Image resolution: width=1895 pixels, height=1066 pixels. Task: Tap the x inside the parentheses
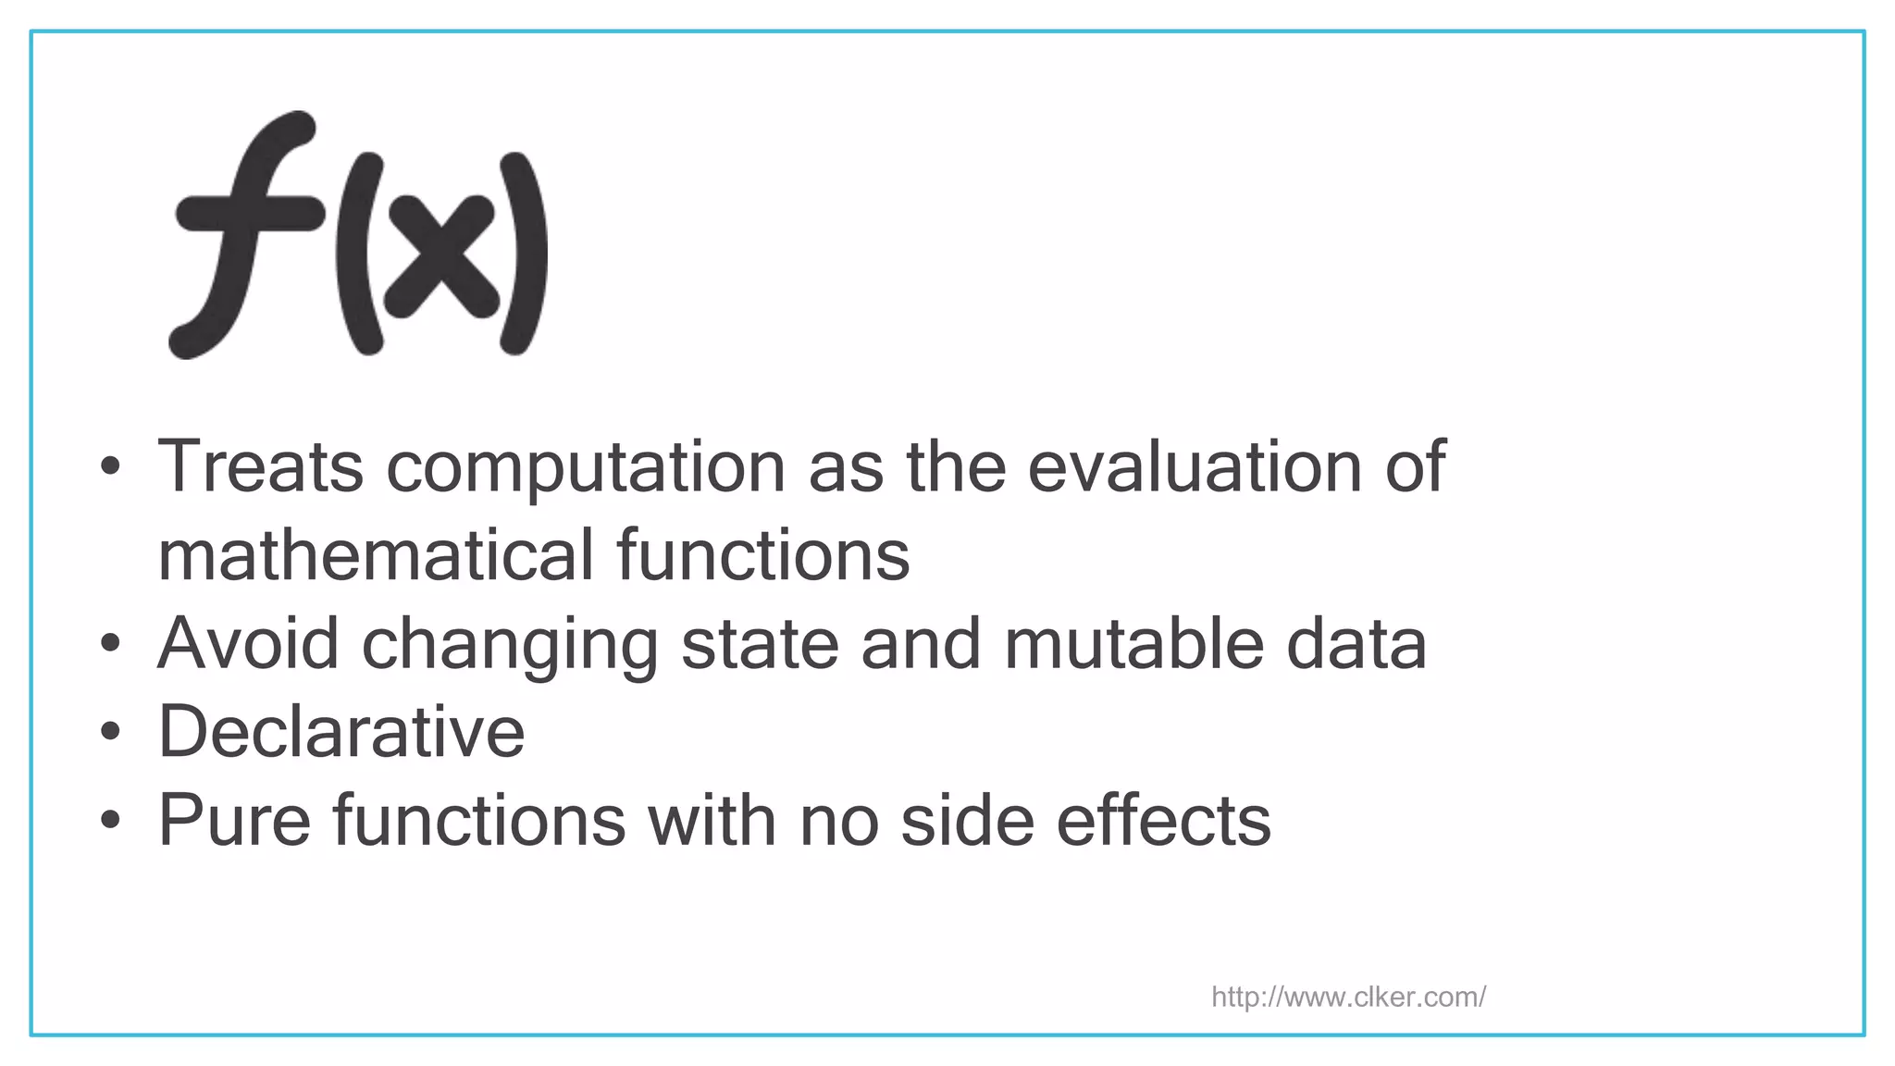point(441,255)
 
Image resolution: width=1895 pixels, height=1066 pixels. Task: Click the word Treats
point(261,466)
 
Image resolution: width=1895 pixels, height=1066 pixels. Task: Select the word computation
point(586,468)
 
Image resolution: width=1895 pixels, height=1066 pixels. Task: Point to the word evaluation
point(1195,466)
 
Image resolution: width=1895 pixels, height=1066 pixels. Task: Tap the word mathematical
point(376,555)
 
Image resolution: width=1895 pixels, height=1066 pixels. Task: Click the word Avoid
point(249,644)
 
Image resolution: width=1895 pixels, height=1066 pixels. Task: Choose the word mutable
point(1134,644)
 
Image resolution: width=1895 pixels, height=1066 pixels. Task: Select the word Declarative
point(341,732)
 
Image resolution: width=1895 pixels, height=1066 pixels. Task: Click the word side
point(968,821)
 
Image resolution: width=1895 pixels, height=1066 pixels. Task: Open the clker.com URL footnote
point(1348,997)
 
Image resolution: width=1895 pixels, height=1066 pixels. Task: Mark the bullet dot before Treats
point(111,467)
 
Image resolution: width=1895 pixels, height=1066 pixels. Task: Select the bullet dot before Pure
point(111,822)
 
